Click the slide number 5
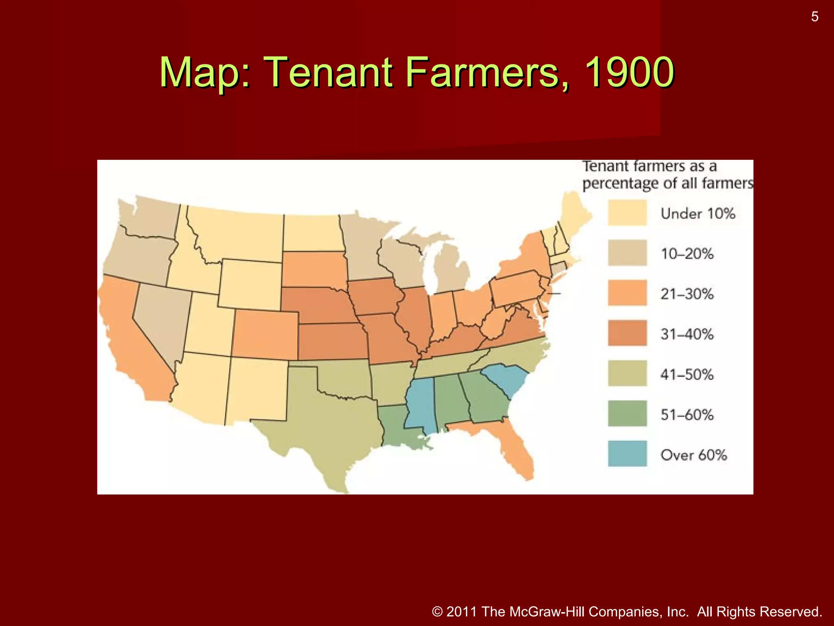click(x=814, y=17)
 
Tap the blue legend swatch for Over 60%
click(x=627, y=454)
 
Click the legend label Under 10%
click(x=698, y=214)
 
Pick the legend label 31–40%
click(x=687, y=334)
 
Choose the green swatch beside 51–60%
click(x=627, y=414)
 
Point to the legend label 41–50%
click(x=687, y=375)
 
